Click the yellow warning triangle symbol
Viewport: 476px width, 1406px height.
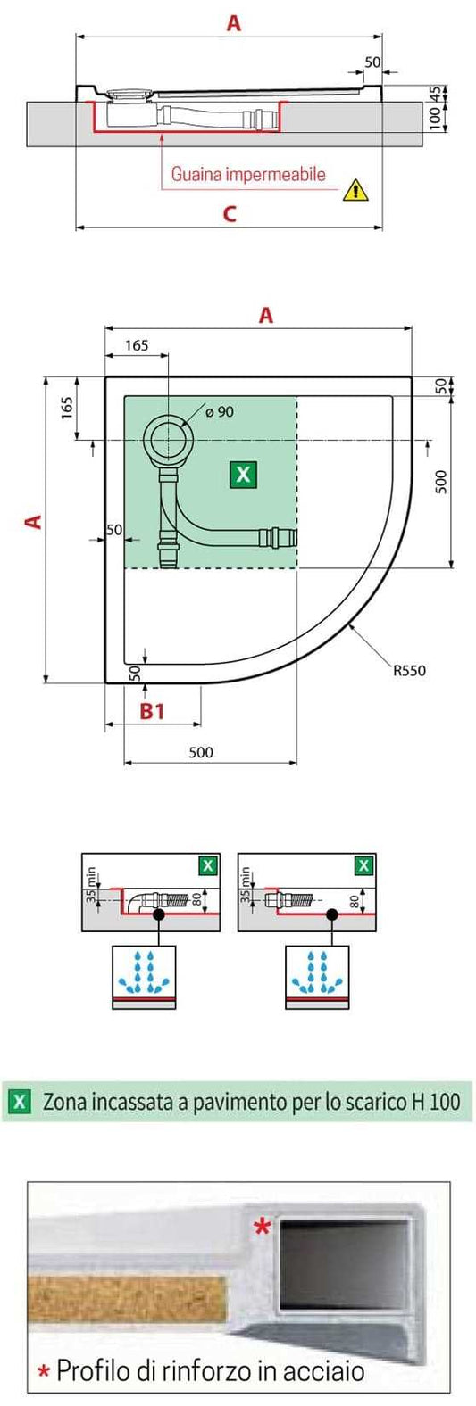tap(355, 188)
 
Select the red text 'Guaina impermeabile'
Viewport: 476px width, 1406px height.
tap(248, 174)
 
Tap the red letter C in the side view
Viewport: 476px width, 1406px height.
tap(230, 214)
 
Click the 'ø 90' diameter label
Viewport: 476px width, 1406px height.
tap(219, 411)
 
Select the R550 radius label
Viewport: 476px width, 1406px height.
tap(409, 671)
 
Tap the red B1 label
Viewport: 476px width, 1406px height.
tap(153, 711)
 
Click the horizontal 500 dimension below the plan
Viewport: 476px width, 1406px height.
tap(201, 752)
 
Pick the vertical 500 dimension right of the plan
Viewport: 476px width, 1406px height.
tap(439, 481)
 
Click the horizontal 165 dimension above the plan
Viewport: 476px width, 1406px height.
tap(137, 345)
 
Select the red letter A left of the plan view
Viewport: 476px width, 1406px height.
tap(34, 520)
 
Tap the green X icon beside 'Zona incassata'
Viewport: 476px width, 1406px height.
tap(19, 1101)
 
